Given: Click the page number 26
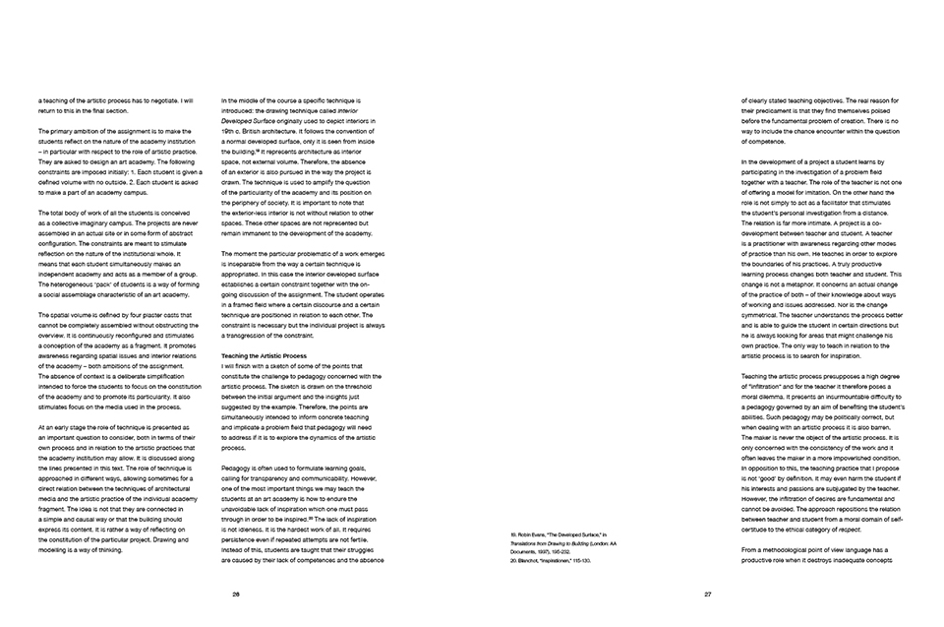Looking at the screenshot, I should [x=236, y=594].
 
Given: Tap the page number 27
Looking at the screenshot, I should [x=708, y=594].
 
